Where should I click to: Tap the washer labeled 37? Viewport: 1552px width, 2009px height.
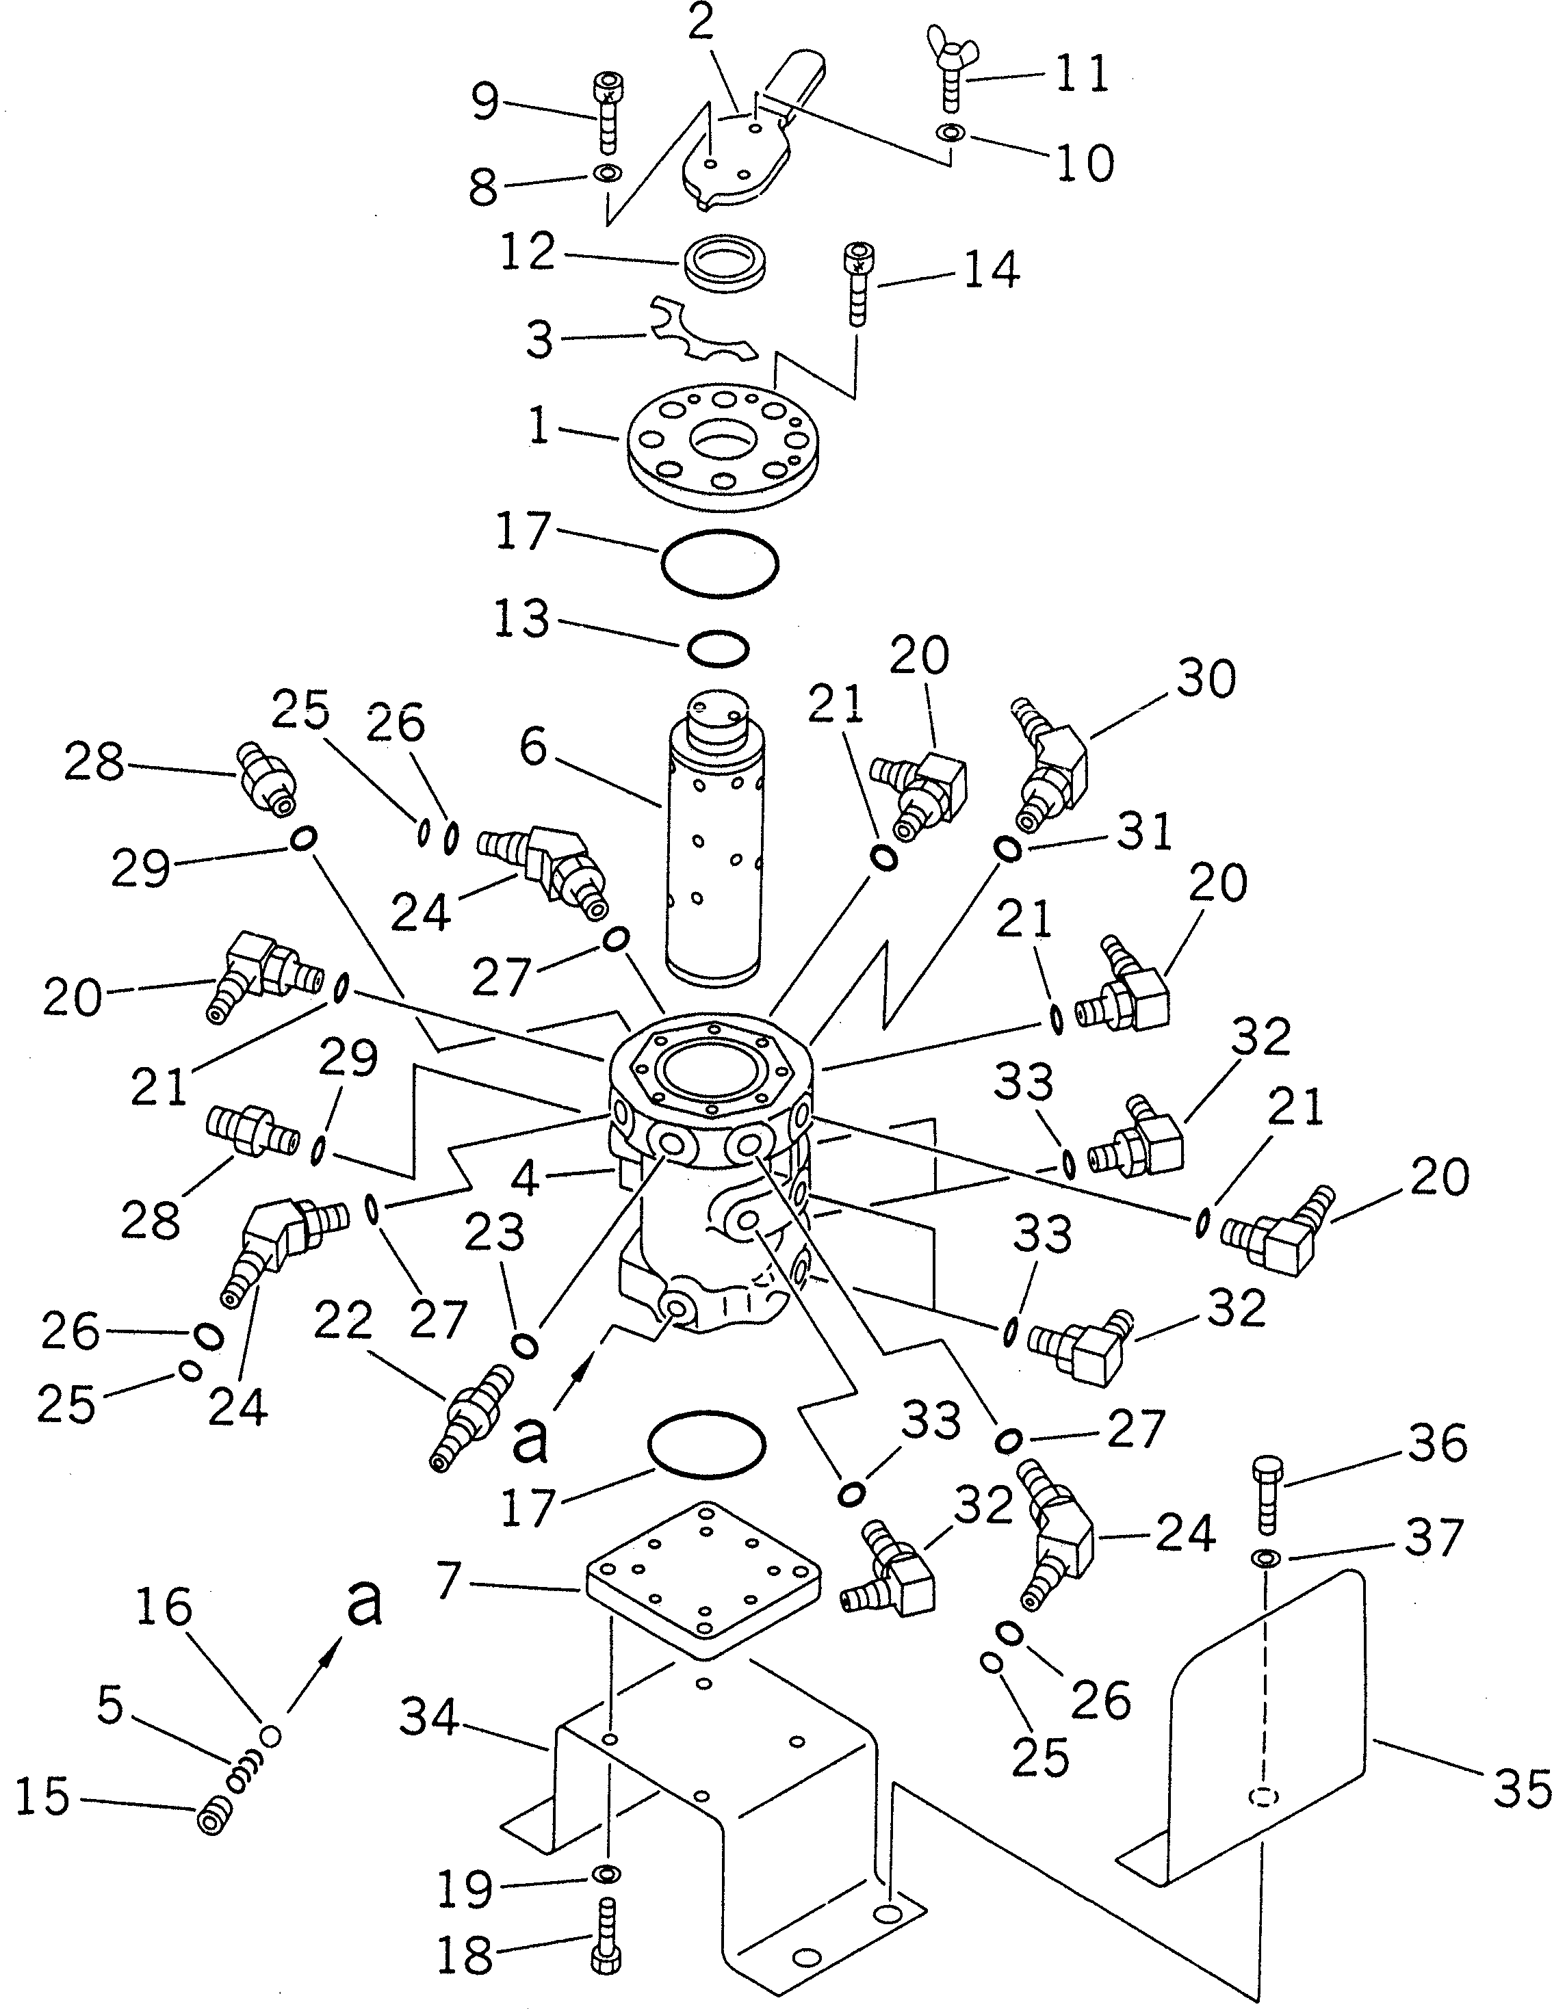point(1266,1558)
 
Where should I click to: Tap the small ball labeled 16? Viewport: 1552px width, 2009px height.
point(270,1736)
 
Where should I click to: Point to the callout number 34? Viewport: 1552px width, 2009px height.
point(430,1718)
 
